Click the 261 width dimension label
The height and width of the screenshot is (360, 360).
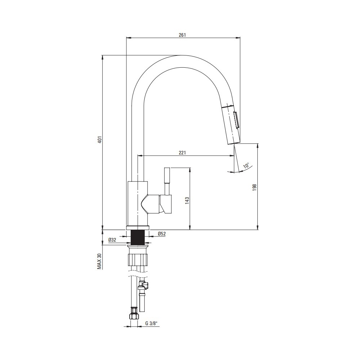point(182,35)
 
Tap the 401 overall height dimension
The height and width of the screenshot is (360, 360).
point(99,140)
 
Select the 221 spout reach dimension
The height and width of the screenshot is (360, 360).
point(182,153)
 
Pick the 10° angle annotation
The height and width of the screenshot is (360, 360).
point(247,166)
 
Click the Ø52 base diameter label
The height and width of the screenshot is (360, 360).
point(162,234)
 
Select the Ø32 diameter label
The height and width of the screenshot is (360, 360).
point(112,240)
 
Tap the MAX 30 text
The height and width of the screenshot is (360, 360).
point(99,261)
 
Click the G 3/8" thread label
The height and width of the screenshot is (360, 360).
point(151,324)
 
